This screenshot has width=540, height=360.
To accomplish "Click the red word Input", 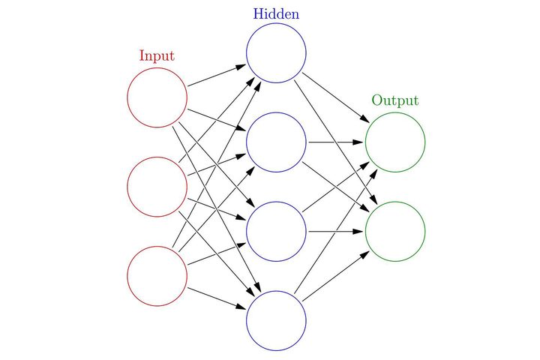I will pyautogui.click(x=157, y=56).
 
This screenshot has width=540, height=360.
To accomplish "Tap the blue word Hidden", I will pyautogui.click(x=276, y=13).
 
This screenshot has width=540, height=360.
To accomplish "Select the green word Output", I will pyautogui.click(x=395, y=100).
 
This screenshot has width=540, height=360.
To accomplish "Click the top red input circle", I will pyautogui.click(x=157, y=97).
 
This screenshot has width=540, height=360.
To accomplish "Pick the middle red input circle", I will pyautogui.click(x=157, y=187).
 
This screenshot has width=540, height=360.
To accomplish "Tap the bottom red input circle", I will pyautogui.click(x=157, y=276).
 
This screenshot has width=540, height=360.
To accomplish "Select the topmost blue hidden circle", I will pyautogui.click(x=276, y=53).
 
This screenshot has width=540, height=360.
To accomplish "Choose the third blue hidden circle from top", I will pyautogui.click(x=276, y=231).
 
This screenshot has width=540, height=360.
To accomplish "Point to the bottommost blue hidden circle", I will pyautogui.click(x=276, y=320).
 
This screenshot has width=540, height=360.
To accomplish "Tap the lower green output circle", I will pyautogui.click(x=395, y=231).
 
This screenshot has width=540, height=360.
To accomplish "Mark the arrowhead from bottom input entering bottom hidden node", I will pyautogui.click(x=241, y=308).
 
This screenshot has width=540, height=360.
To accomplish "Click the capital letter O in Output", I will pyautogui.click(x=377, y=100).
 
